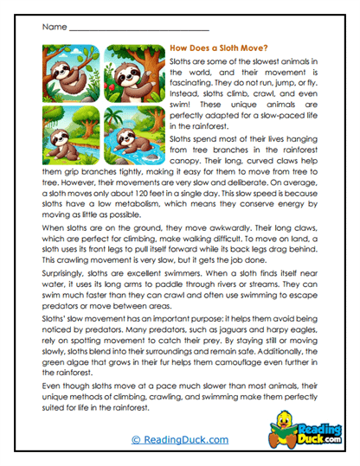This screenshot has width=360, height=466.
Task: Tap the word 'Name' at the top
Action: pyautogui.click(x=54, y=28)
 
